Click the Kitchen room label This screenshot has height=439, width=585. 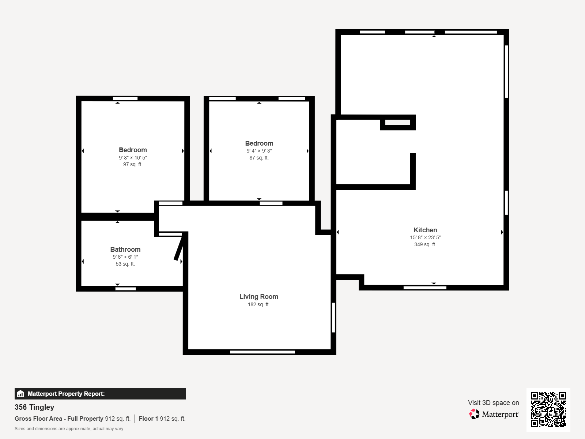coord(425,230)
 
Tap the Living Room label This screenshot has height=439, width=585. coord(258,297)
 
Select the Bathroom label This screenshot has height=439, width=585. coord(125,249)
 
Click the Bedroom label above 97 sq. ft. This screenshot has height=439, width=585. coord(133,150)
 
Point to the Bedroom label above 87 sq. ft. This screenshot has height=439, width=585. coord(259,143)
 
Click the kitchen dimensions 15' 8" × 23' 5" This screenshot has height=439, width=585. coord(425,237)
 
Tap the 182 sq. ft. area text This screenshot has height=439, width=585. coord(258,304)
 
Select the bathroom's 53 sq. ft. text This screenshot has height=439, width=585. coord(125,264)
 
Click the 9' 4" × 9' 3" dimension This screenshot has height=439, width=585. coord(259,151)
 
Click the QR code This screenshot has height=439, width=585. coord(548,410)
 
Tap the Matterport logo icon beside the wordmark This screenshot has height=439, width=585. coord(474,414)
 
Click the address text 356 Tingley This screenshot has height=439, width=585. coord(34,407)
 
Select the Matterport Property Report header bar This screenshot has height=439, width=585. coord(100,394)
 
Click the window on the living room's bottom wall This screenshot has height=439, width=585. coord(263,352)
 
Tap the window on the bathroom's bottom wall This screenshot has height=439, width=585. coord(125,289)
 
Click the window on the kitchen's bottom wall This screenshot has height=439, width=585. coord(425,288)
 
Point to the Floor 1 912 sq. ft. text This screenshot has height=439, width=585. coord(162,419)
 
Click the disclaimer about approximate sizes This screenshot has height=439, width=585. coord(69,429)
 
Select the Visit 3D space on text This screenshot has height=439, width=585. coord(494,403)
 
